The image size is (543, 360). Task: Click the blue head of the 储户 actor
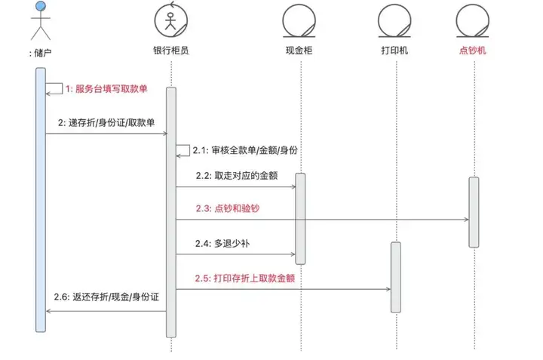pos(41,6)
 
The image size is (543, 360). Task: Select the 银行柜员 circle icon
pos(171,20)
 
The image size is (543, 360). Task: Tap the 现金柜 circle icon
pos(299,20)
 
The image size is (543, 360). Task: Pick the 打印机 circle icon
pos(394,20)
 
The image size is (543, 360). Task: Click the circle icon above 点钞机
pos(473,20)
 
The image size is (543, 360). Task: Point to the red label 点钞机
pos(473,51)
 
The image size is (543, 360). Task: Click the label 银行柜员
pos(171,51)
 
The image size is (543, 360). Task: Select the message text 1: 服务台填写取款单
pos(106,89)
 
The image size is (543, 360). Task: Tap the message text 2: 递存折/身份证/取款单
pos(106,123)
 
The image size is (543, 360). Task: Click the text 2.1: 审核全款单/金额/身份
pos(245,150)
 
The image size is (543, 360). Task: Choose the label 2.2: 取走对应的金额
pos(237,176)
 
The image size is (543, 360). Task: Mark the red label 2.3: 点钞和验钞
pos(228,208)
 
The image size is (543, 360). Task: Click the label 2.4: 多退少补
pos(222,244)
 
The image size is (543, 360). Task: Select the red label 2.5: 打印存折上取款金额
pos(245,278)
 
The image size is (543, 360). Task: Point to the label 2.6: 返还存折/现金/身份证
pos(106,297)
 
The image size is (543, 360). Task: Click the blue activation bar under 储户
pos(41,200)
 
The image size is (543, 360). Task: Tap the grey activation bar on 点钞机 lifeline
pos(474,212)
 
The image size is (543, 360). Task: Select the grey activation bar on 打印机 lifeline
pos(396,277)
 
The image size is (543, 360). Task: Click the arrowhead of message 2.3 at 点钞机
pos(467,220)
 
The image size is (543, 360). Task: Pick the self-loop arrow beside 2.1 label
pos(189,150)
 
